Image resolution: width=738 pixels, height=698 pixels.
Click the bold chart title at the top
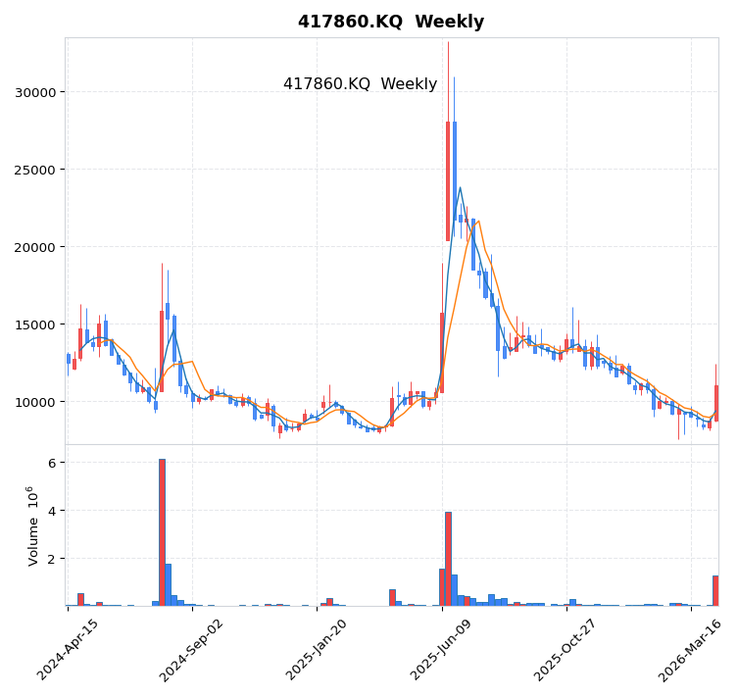click(x=390, y=22)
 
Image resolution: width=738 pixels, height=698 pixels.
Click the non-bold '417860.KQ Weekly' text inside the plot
click(x=360, y=84)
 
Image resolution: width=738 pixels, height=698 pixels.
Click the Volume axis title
click(x=33, y=525)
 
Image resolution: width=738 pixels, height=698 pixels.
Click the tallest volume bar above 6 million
click(x=162, y=532)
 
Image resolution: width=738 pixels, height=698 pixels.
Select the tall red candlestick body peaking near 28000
click(x=448, y=181)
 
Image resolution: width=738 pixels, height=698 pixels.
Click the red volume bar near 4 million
click(x=448, y=559)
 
